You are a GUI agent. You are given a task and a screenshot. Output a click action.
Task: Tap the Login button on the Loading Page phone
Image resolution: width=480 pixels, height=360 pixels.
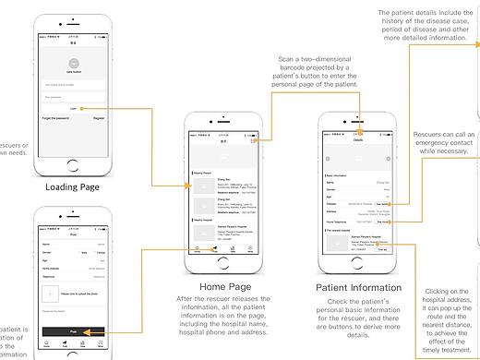(72, 108)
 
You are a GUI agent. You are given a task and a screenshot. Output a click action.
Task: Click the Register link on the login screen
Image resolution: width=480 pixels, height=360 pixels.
(99, 118)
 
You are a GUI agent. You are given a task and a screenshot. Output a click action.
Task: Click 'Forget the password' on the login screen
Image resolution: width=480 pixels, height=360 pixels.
(54, 118)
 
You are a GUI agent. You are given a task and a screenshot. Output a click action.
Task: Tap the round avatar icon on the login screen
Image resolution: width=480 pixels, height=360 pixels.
(72, 67)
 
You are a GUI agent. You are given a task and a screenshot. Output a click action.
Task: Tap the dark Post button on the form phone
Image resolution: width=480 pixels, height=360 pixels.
(72, 330)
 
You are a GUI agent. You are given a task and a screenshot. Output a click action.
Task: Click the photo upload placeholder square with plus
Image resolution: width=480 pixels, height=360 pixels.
(50, 294)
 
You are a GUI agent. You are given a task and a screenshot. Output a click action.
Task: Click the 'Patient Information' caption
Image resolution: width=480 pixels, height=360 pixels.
(357, 288)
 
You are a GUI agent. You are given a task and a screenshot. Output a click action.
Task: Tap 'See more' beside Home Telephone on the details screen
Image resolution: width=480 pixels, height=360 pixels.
(382, 222)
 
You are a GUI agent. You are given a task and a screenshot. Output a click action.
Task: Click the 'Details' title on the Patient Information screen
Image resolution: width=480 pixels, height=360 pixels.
(357, 139)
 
